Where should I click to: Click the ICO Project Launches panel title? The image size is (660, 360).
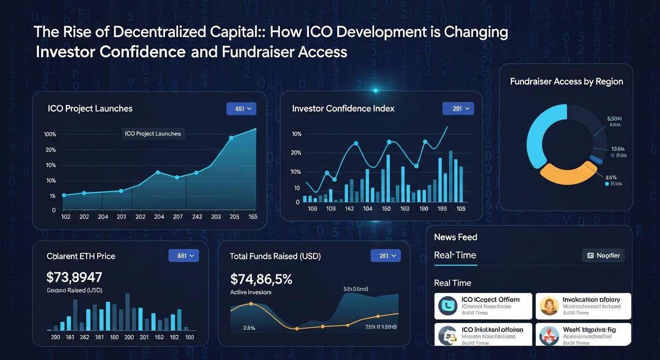coord(90,108)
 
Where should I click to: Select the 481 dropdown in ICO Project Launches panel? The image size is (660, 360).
coord(241,109)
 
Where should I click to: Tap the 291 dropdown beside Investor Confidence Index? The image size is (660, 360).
coord(458,109)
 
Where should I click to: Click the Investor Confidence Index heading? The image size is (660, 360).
coord(343,108)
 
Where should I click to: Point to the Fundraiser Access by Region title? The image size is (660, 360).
coord(566,81)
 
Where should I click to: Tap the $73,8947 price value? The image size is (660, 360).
coord(75,277)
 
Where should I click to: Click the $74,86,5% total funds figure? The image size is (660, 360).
coord(261,279)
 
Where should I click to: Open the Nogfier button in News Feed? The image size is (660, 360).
coord(603,255)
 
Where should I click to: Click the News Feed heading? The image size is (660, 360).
coord(456,237)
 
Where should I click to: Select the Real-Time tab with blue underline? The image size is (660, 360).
coord(455,255)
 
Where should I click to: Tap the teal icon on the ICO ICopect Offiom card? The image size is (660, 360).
coord(448,306)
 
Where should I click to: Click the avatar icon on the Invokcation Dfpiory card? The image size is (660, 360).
coord(549,306)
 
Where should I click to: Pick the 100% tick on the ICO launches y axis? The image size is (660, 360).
coord(50,135)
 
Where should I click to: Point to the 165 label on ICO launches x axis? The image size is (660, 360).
coord(253,217)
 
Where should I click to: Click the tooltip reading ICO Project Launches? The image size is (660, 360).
coord(153,134)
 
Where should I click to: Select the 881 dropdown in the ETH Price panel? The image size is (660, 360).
coord(183,255)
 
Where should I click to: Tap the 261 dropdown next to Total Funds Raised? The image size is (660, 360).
coord(386,255)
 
